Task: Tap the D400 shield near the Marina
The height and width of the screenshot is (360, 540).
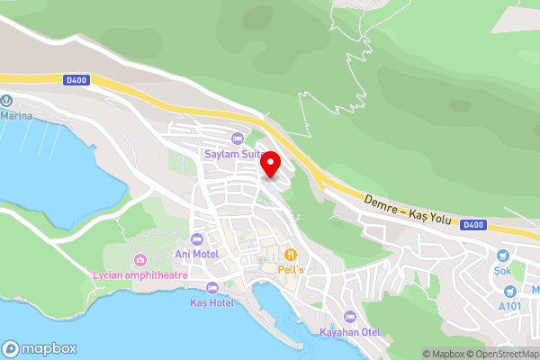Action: [x=77, y=80]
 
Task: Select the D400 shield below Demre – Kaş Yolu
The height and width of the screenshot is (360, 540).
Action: [x=473, y=224]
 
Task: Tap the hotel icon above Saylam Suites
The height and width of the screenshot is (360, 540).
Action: [x=237, y=138]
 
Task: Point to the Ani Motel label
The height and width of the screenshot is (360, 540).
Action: [x=198, y=255]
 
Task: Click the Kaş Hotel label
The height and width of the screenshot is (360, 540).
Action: [x=212, y=302]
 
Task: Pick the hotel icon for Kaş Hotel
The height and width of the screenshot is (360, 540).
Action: [x=211, y=287]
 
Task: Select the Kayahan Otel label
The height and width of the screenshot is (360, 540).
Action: [x=350, y=332]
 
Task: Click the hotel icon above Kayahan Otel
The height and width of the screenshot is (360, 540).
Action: [x=350, y=317]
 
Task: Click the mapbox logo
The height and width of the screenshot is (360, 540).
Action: [x=40, y=348]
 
